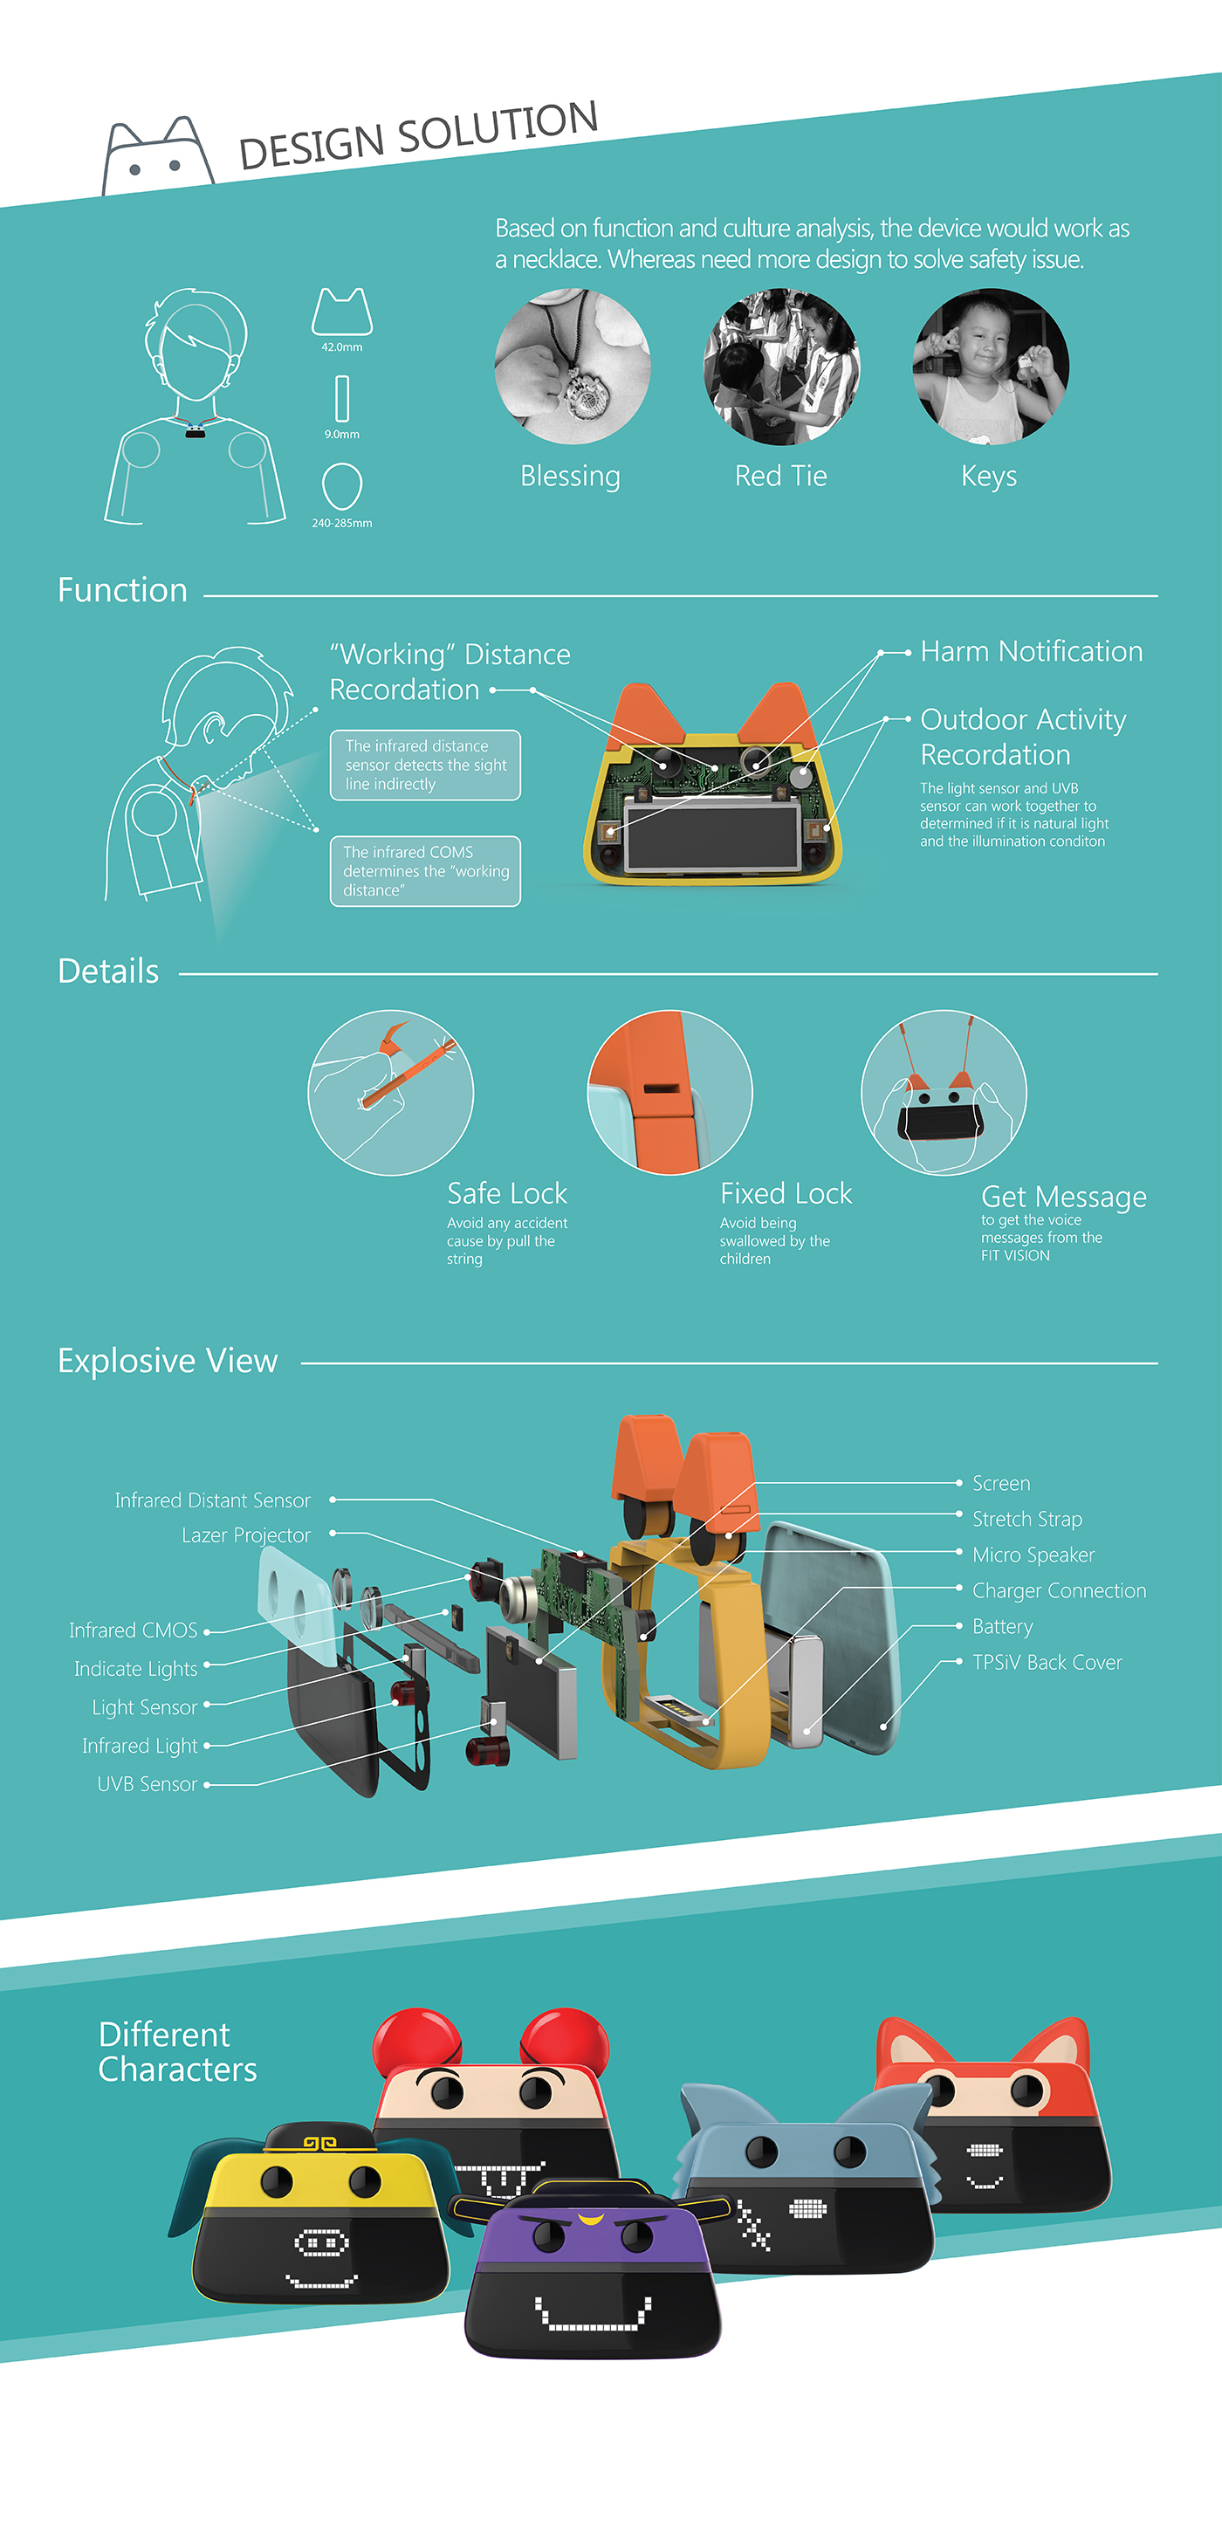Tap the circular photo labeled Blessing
point(572,366)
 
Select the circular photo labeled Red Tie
point(781,366)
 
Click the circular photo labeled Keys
point(990,366)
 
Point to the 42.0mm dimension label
point(341,347)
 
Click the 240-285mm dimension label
point(341,523)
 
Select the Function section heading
point(122,590)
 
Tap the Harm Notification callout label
point(1031,652)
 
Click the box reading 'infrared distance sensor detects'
point(425,765)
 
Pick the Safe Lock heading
point(507,1193)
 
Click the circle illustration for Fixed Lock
point(669,1092)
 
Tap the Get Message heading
point(1063,1196)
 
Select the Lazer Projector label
point(245,1535)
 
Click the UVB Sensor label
point(147,1784)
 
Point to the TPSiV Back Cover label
point(1047,1663)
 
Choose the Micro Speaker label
point(1033,1555)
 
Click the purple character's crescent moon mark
point(590,2220)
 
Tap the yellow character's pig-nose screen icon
point(320,2244)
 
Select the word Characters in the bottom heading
point(177,2069)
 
